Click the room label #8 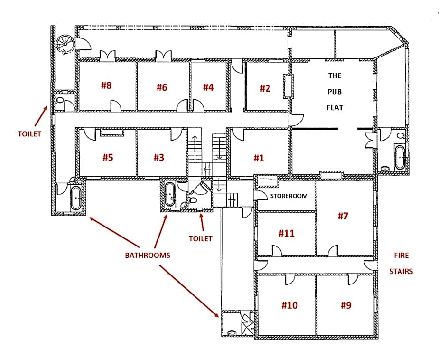(x=106, y=85)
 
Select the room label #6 (x=162, y=87)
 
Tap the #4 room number (x=208, y=87)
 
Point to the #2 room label (x=265, y=88)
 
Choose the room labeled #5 (x=108, y=157)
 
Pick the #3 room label (x=158, y=157)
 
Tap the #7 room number (x=343, y=216)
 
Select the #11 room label (x=286, y=233)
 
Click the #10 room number (x=289, y=305)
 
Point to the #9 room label (x=346, y=305)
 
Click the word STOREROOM (x=289, y=196)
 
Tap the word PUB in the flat (x=334, y=92)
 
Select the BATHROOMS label (x=147, y=255)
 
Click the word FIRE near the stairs (x=401, y=255)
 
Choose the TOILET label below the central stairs (x=200, y=238)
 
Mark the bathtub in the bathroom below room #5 (x=76, y=197)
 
